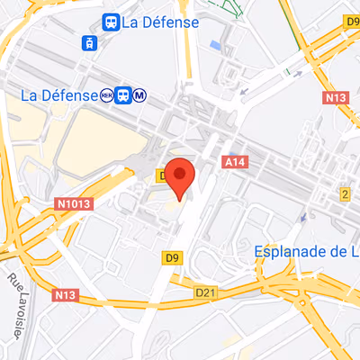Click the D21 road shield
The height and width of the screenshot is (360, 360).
click(207, 292)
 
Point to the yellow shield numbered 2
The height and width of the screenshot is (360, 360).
click(344, 194)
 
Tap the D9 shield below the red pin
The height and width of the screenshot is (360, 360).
click(174, 258)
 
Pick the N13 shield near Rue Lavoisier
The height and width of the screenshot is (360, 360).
click(64, 294)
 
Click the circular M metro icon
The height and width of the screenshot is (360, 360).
click(142, 94)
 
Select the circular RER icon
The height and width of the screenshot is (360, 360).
click(108, 94)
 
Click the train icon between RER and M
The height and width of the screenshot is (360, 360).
click(125, 94)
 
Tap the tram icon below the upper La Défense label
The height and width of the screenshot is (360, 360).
click(89, 42)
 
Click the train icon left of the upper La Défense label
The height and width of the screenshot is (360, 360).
click(111, 22)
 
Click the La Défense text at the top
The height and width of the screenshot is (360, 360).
click(162, 22)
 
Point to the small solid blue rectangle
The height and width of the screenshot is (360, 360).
click(215, 44)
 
